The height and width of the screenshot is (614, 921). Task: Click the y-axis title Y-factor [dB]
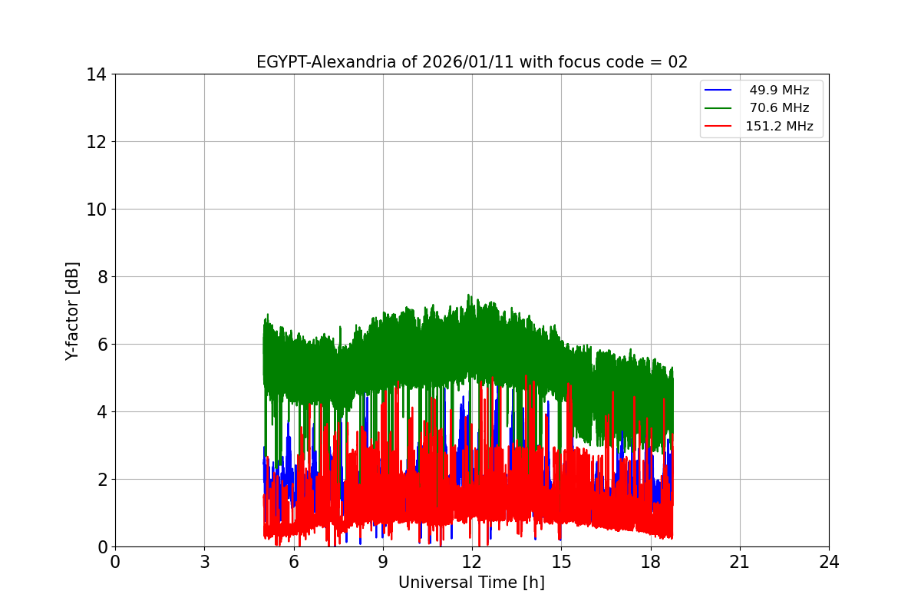[x=72, y=311]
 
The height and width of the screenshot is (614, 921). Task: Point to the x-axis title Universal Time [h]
[x=471, y=583]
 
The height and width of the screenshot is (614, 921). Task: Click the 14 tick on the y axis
[x=96, y=74]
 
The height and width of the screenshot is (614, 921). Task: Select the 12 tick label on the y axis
[x=96, y=142]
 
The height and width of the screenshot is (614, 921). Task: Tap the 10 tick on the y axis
[x=96, y=210]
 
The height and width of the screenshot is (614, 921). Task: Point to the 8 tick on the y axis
[x=101, y=277]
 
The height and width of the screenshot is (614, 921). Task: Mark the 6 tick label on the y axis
[x=101, y=345]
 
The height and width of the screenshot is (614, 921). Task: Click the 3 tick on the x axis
[x=204, y=562]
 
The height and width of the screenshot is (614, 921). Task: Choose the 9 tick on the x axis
[x=382, y=562]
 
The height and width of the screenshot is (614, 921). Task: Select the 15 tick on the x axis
[x=561, y=562]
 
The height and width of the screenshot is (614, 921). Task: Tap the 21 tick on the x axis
[x=740, y=562]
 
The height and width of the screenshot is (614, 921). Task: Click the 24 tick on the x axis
[x=829, y=562]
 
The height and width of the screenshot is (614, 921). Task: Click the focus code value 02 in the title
[x=678, y=62]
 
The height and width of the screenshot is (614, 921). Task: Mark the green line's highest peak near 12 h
[x=469, y=295]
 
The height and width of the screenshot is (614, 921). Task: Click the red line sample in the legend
[x=720, y=127]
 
